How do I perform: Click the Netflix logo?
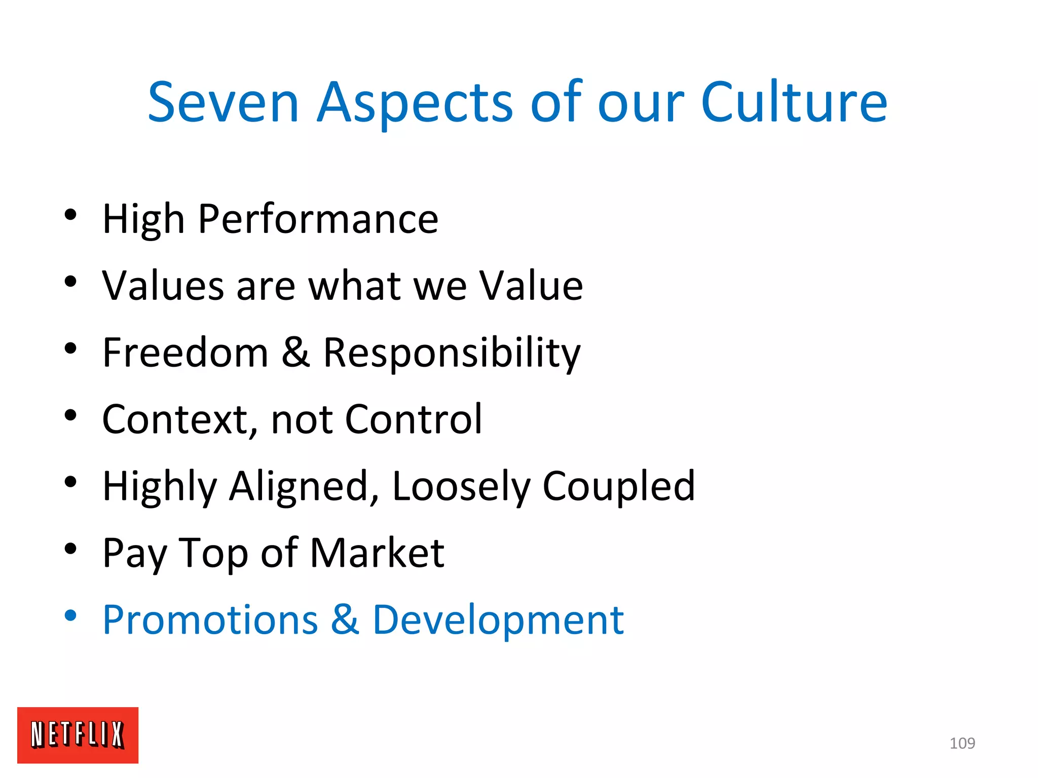tap(78, 734)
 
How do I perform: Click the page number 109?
tap(962, 743)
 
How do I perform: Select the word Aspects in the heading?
tap(415, 104)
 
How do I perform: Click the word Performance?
tap(318, 219)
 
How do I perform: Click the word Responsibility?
tap(452, 354)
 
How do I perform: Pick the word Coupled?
tap(619, 486)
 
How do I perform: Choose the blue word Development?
tap(498, 620)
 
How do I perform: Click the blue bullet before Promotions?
tap(70, 616)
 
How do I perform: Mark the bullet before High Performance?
tap(70, 215)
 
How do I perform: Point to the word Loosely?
tap(461, 486)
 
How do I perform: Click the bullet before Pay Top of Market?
tap(70, 549)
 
